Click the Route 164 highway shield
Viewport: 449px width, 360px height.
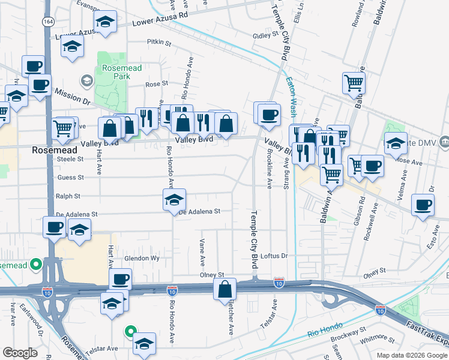47,21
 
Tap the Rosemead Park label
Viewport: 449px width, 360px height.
121,72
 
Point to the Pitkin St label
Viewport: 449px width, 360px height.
159,43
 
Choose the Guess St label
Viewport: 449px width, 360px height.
70,177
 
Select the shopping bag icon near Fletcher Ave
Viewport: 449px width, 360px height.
224,289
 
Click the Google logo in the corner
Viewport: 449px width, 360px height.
20,353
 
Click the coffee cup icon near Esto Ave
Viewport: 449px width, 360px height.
423,205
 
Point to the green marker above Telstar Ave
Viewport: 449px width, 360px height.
129,331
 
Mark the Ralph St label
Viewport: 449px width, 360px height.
68,196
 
